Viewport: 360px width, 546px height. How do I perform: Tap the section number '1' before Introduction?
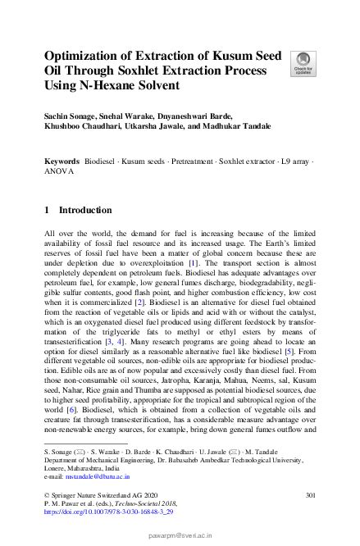(x=47, y=210)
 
